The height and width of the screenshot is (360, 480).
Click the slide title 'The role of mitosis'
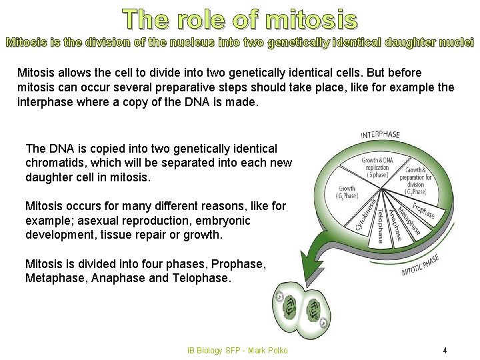pos(241,19)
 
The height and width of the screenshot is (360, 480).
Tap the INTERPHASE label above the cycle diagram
pos(381,135)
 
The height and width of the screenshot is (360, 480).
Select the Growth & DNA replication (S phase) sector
pos(376,166)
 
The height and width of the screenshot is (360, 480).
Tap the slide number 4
pos(445,350)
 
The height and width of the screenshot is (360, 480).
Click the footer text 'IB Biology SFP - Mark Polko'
pos(238,350)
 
